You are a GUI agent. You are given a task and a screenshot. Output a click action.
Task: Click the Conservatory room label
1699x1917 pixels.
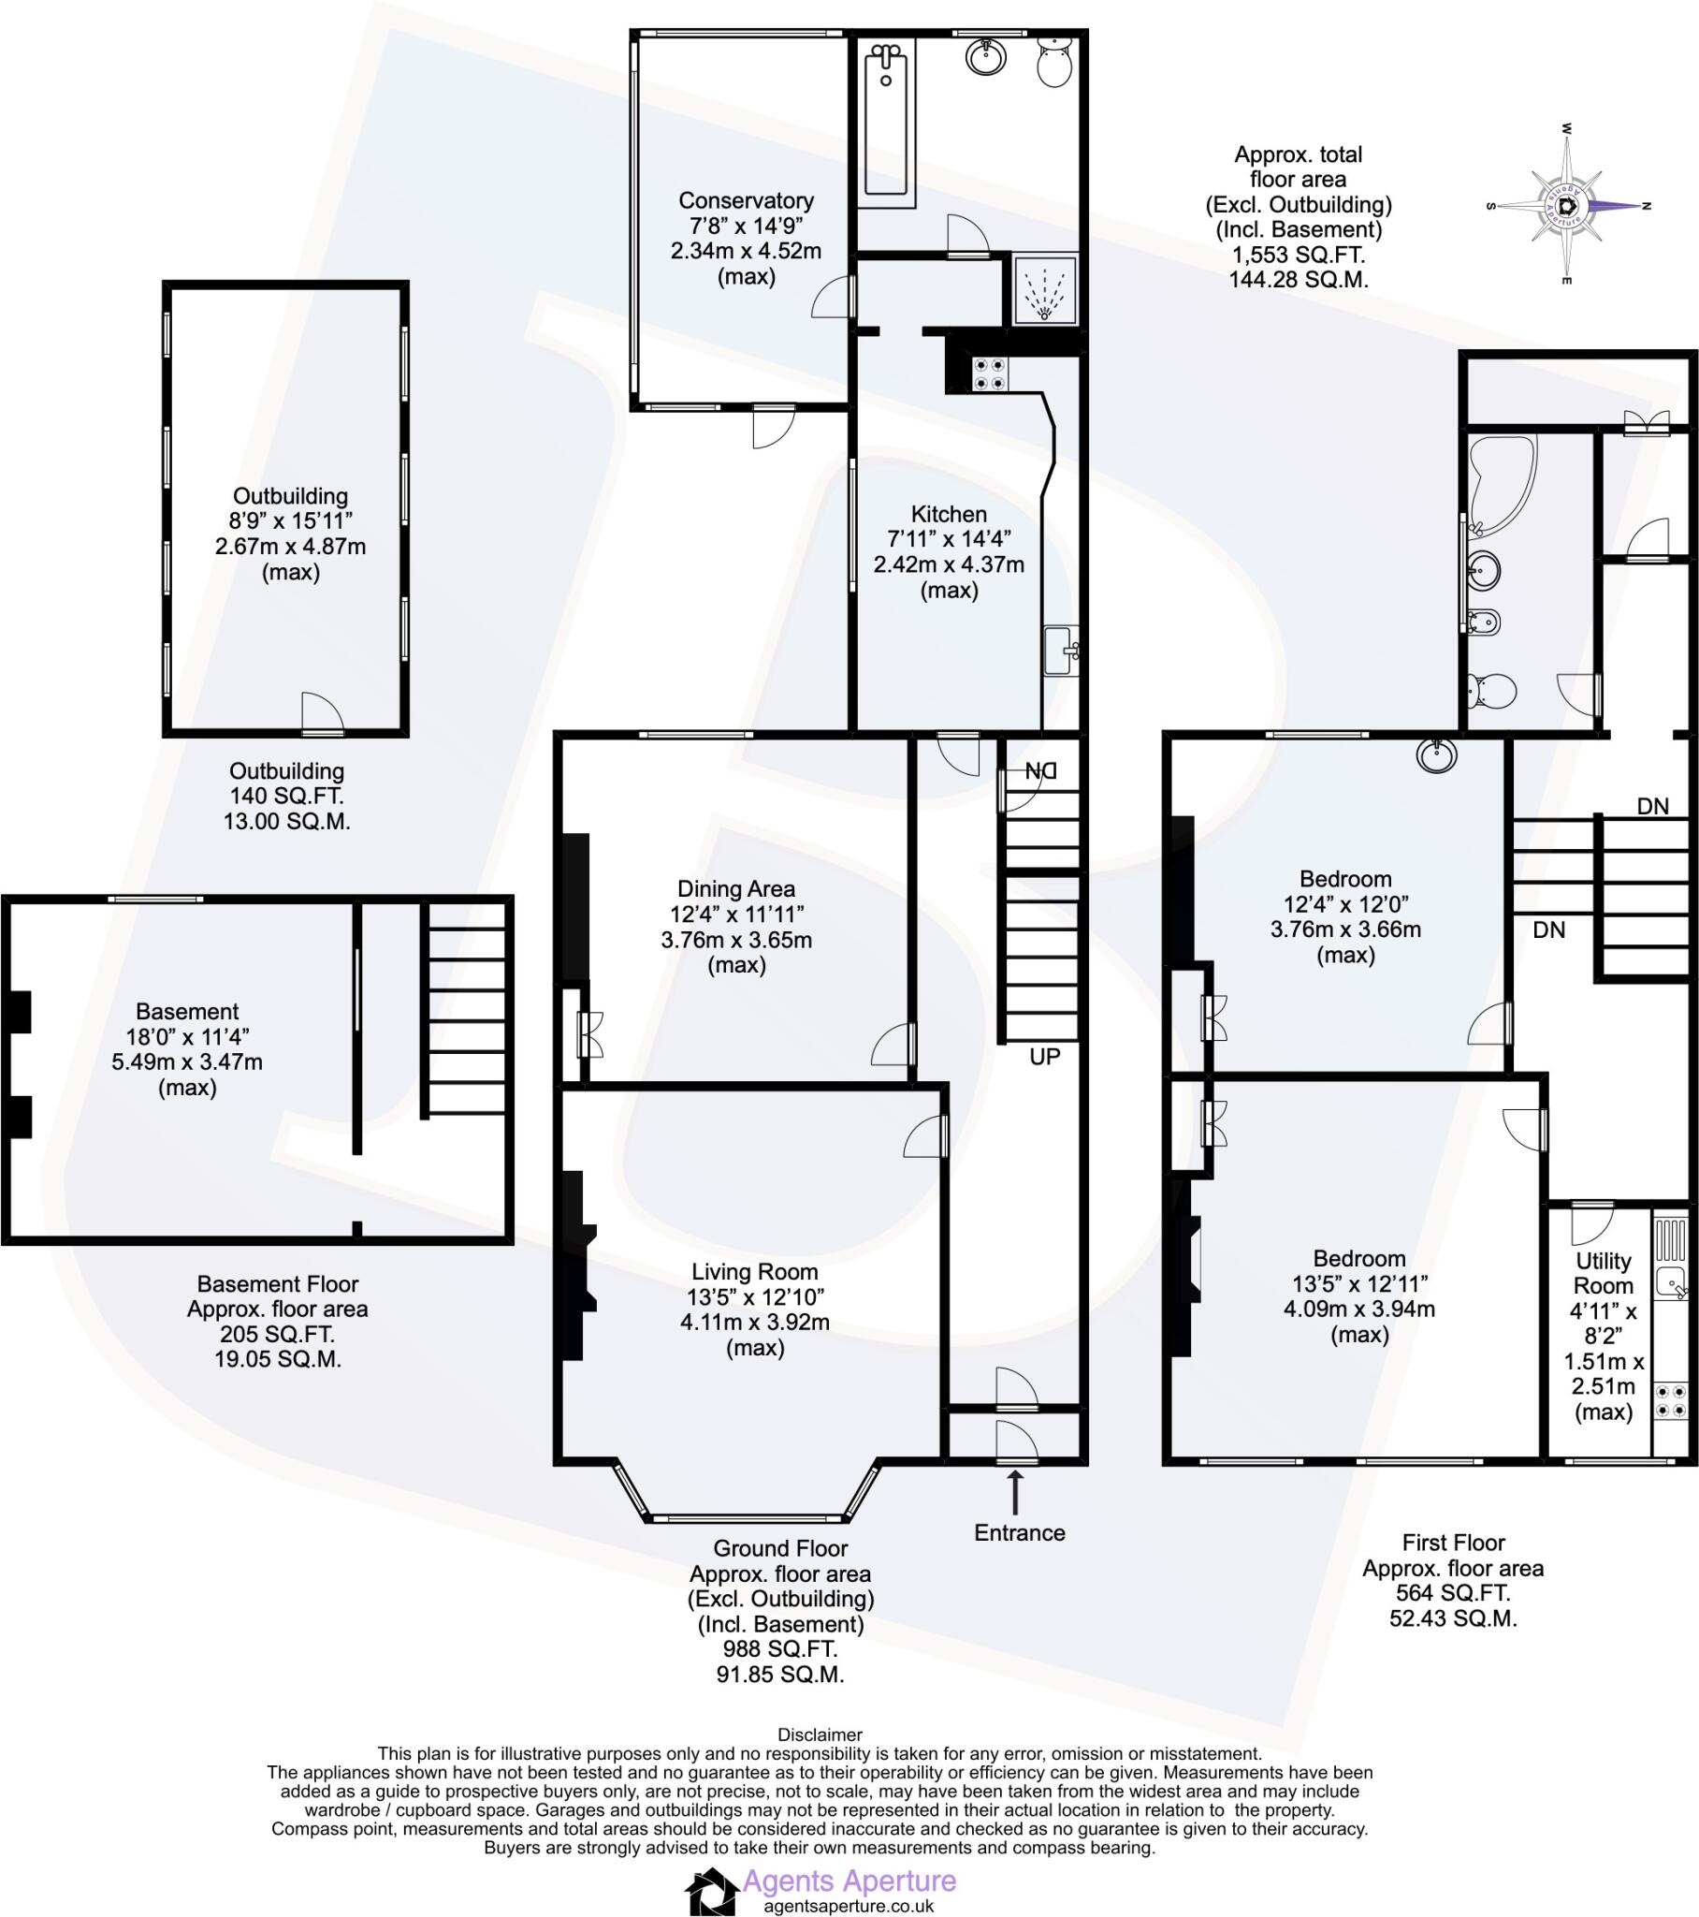point(746,200)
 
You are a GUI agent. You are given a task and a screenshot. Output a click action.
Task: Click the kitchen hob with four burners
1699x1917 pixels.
point(989,373)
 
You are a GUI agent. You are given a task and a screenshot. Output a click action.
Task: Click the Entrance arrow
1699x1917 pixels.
point(1014,1490)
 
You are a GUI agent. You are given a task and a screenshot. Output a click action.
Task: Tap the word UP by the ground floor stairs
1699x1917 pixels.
point(1044,1057)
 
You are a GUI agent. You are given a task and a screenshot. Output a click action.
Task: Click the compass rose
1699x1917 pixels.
point(1567,205)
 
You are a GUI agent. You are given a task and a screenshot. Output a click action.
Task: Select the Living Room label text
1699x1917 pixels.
point(755,1272)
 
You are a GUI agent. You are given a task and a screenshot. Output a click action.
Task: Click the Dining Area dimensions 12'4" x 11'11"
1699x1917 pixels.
point(736,914)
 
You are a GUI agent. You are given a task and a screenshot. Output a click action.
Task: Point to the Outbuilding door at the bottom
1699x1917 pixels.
point(323,714)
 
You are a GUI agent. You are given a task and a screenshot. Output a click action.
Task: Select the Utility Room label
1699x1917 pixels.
point(1604,1273)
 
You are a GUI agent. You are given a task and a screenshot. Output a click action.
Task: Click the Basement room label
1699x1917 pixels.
point(187,1011)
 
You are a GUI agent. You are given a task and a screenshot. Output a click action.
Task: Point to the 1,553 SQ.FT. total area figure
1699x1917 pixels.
point(1299,255)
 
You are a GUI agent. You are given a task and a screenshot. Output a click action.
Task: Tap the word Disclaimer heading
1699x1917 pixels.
point(820,1734)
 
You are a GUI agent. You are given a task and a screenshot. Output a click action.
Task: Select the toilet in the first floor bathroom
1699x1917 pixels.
point(1491,692)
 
